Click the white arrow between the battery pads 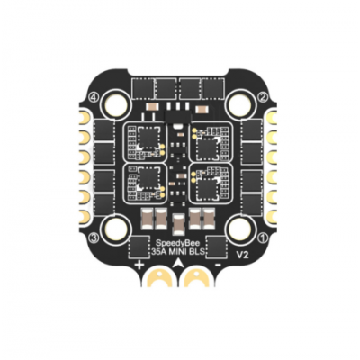point(179,267)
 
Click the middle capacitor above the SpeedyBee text point(179,220)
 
